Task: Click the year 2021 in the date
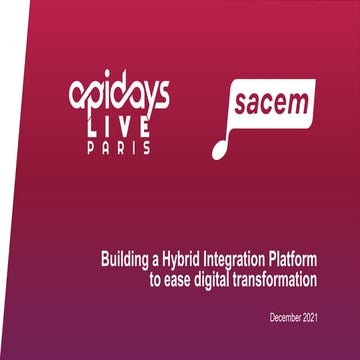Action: [x=317, y=317]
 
